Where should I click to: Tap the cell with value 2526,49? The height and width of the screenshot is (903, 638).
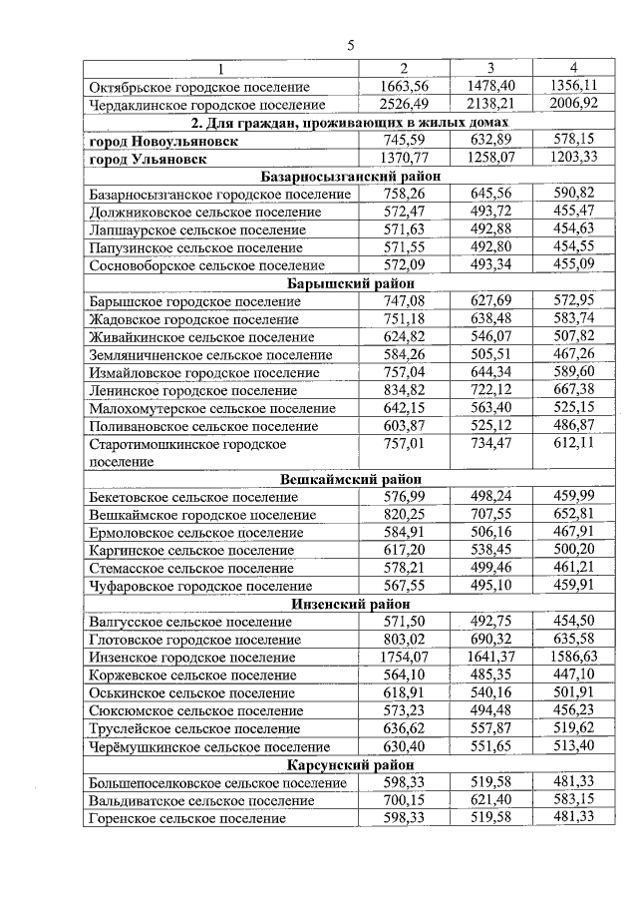pyautogui.click(x=404, y=104)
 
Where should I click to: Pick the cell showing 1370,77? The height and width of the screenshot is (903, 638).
pyautogui.click(x=404, y=158)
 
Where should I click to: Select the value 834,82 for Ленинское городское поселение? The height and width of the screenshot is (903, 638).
pyautogui.click(x=404, y=390)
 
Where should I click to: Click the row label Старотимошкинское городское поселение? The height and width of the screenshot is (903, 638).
pyautogui.click(x=187, y=453)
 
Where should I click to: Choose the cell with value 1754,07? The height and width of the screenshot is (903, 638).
pyautogui.click(x=404, y=658)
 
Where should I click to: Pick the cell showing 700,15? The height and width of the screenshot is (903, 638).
pyautogui.click(x=404, y=800)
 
